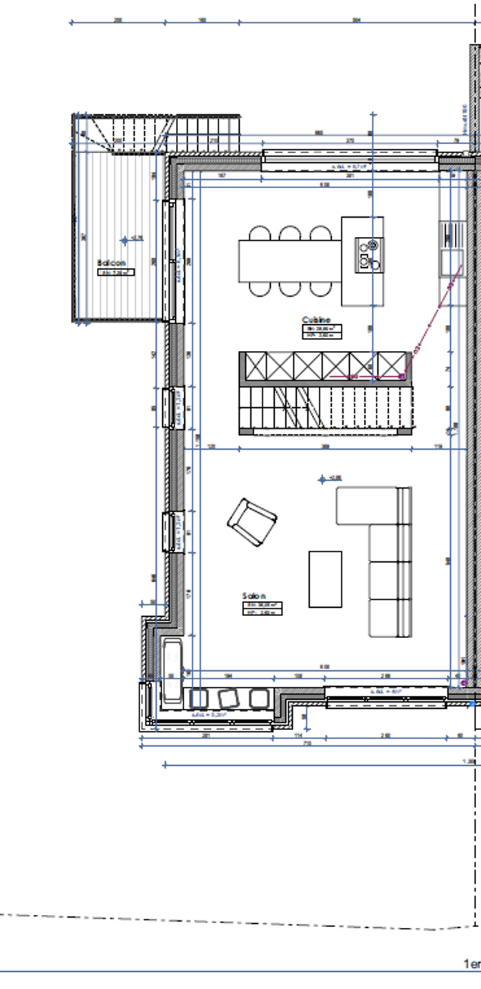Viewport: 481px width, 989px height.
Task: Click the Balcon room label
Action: (x=111, y=263)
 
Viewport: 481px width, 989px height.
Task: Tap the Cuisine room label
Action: (x=316, y=319)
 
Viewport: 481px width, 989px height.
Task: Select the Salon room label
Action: (x=254, y=596)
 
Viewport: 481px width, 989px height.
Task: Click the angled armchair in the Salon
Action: (x=252, y=523)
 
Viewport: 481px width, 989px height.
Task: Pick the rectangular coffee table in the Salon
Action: (x=325, y=579)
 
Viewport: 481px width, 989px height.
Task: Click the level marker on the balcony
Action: (x=124, y=240)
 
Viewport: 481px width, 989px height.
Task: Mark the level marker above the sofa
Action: (x=322, y=479)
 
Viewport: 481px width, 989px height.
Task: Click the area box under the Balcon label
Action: (x=115, y=273)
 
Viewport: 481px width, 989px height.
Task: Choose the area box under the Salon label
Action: (x=262, y=609)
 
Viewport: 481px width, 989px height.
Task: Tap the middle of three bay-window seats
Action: (x=228, y=698)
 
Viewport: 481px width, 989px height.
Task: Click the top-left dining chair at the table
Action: (x=260, y=234)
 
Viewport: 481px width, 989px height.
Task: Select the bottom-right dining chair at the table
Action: (x=320, y=288)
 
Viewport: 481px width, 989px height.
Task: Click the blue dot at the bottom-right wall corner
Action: (x=472, y=704)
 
